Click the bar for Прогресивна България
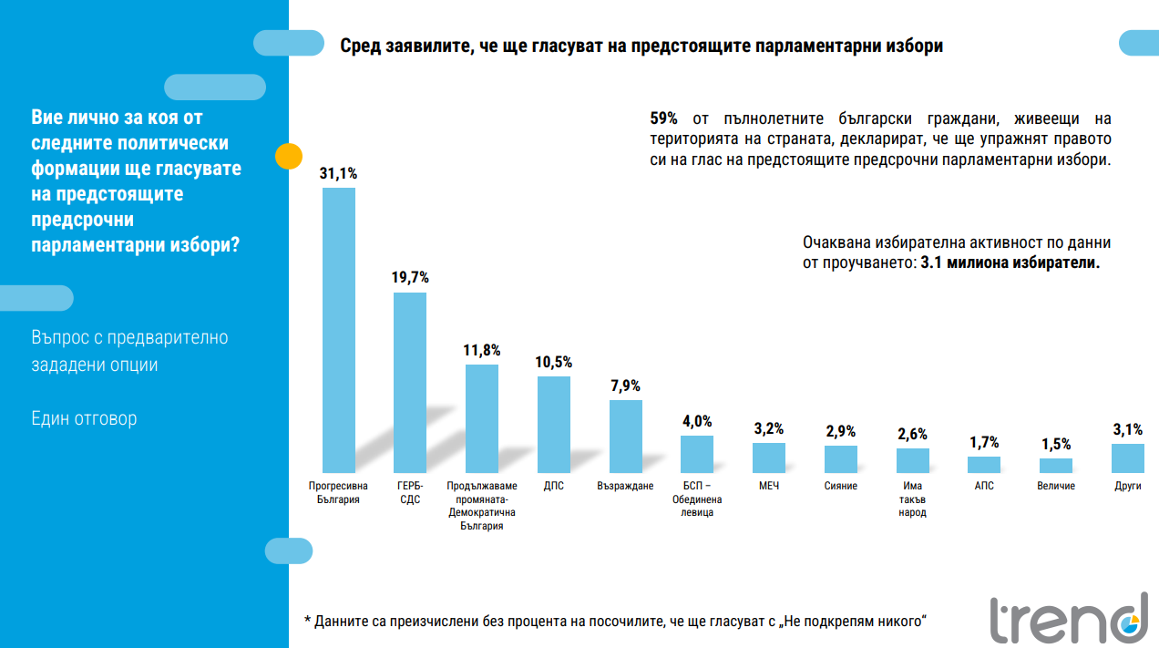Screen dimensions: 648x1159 pos(338,330)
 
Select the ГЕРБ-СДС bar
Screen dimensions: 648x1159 pos(409,382)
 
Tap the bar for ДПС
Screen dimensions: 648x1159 pos(554,424)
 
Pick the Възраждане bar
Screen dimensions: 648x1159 pos(625,436)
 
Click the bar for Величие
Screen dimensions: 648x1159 pos(1055,465)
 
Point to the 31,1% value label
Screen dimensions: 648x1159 pos(338,173)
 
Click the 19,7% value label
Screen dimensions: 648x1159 pos(410,278)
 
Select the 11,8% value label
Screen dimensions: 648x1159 pos(481,350)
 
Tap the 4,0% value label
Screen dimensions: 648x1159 pos(697,421)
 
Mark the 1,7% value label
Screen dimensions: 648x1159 pos(984,442)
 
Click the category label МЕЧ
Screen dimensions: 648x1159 pos(769,486)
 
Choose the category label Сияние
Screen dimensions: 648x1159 pos(841,486)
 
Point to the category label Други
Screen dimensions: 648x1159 pos(1127,486)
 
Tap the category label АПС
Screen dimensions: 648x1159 pos(984,486)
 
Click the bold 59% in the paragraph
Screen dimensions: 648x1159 pos(663,119)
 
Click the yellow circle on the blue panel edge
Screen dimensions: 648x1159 pos(289,156)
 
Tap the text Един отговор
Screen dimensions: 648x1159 pos(84,419)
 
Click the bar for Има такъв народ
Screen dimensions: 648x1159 pos(912,460)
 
